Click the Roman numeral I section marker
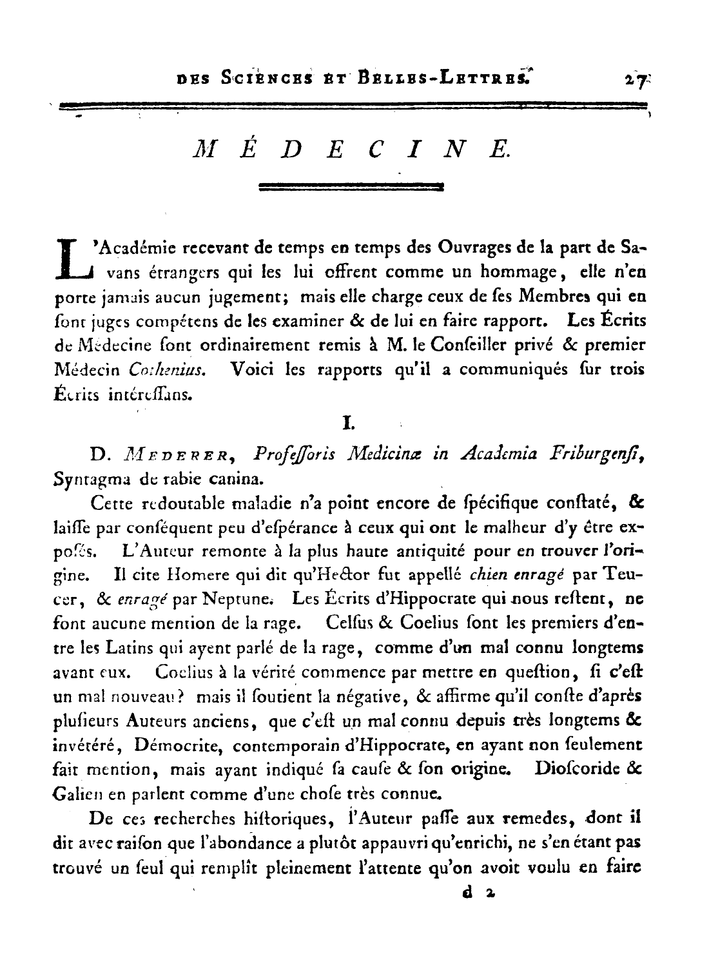(349, 424)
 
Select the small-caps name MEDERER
(180, 455)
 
